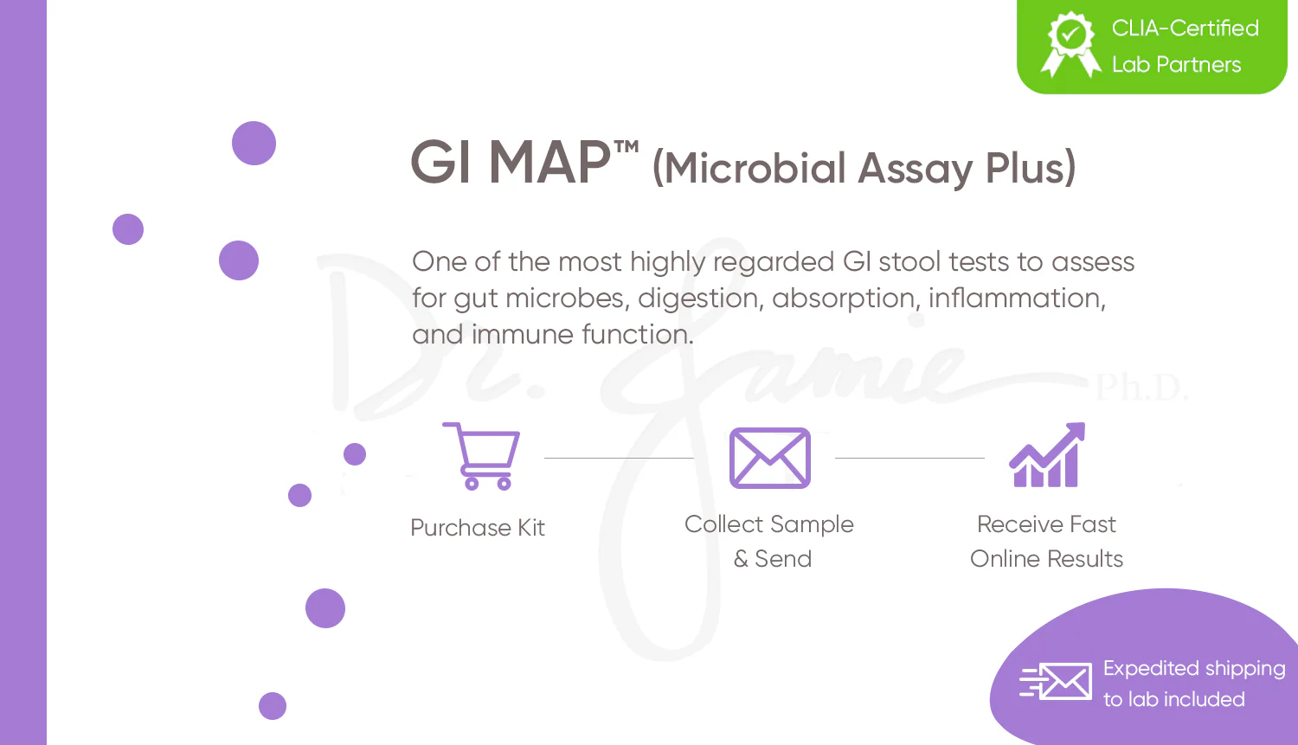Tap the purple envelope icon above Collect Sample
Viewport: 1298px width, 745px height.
tap(769, 458)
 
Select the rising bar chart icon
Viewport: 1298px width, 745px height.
tap(1046, 455)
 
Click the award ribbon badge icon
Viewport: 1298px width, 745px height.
tap(1071, 44)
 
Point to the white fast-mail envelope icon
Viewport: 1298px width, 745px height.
tap(1056, 681)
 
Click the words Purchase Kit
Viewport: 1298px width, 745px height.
tap(478, 528)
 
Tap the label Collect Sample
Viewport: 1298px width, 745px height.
tap(769, 525)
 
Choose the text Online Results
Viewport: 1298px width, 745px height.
tap(1046, 559)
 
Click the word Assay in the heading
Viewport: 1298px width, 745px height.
tap(916, 169)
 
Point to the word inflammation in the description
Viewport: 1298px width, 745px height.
tap(1017, 299)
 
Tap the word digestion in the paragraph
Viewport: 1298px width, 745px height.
tap(697, 299)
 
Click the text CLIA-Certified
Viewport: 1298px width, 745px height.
tap(1185, 28)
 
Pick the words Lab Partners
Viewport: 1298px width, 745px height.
tap(1176, 64)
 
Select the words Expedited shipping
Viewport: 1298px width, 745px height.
tap(1193, 669)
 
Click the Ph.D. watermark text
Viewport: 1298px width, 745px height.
tap(1141, 387)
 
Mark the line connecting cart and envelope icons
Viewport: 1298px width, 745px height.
tap(619, 458)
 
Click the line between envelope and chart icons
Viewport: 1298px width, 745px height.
tap(909, 458)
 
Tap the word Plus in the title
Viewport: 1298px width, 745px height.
tap(1031, 168)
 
